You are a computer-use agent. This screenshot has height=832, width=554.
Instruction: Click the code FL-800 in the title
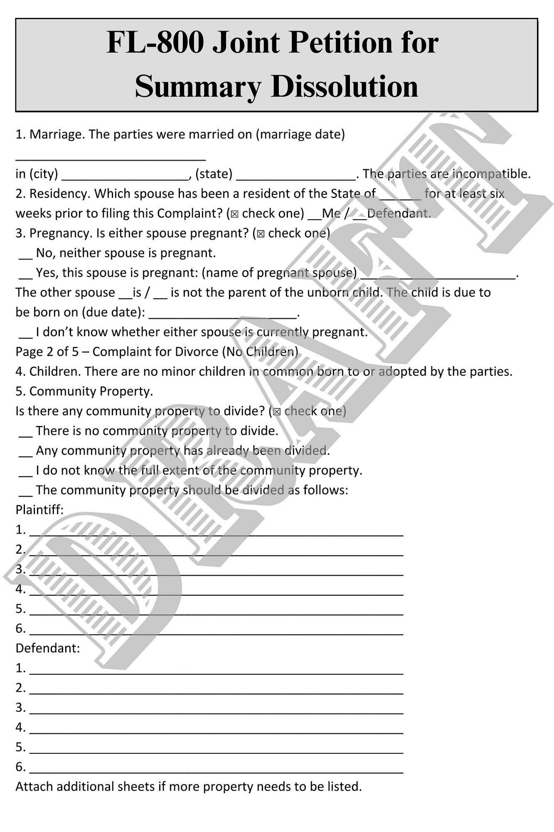point(155,43)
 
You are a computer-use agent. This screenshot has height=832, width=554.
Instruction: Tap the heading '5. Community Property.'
point(84,391)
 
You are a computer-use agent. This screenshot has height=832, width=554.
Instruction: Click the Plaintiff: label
point(39,510)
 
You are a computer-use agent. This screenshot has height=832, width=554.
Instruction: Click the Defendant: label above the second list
point(47,648)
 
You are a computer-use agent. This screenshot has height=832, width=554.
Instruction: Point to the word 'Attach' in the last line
point(34,787)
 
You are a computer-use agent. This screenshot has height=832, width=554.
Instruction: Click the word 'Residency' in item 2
point(60,194)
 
